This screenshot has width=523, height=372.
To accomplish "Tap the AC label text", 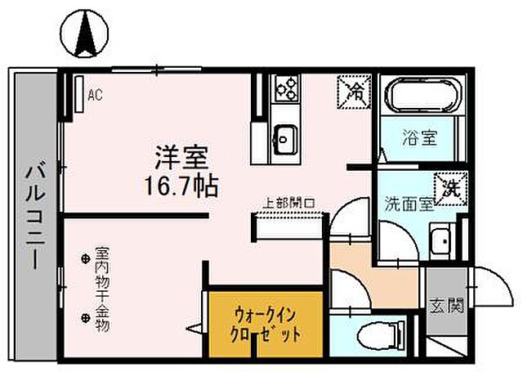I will (x=95, y=94).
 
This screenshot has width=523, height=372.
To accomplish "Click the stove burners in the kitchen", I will (x=287, y=87).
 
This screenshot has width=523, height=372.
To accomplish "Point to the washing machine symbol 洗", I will (x=449, y=187).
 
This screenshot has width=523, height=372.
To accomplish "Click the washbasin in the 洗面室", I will (x=442, y=242).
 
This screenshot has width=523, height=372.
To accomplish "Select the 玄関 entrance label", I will (x=446, y=307).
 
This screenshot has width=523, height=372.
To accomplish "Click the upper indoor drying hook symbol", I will (x=86, y=260).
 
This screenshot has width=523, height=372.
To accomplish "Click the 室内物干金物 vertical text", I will (x=102, y=289).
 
